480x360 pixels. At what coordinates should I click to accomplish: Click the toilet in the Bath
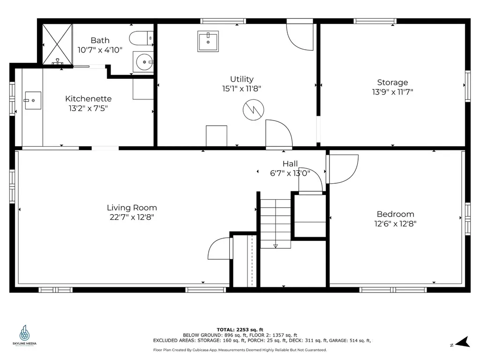tap(141, 38)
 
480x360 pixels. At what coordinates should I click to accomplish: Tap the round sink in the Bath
tap(143, 62)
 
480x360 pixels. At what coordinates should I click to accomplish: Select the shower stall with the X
tap(57, 45)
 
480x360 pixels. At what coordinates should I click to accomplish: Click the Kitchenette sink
tap(33, 100)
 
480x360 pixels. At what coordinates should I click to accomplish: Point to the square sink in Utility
tap(208, 41)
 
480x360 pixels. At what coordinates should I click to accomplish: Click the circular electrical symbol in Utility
tap(254, 110)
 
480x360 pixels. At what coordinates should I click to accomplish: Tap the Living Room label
tap(132, 208)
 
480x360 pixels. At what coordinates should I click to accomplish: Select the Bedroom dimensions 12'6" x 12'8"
tap(395, 224)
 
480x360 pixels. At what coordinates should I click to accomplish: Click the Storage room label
tap(392, 82)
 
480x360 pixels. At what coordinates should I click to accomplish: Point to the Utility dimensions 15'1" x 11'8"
tap(241, 89)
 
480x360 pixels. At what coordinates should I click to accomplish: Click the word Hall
tap(290, 164)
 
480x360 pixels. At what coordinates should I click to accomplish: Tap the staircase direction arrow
tap(276, 246)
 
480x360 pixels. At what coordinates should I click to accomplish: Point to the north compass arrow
tap(463, 342)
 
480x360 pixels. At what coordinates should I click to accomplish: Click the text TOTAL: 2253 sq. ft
tap(240, 330)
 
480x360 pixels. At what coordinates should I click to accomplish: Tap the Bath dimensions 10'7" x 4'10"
tap(100, 50)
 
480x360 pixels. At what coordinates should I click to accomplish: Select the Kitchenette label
tap(88, 98)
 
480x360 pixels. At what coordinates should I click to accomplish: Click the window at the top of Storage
tap(375, 21)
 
